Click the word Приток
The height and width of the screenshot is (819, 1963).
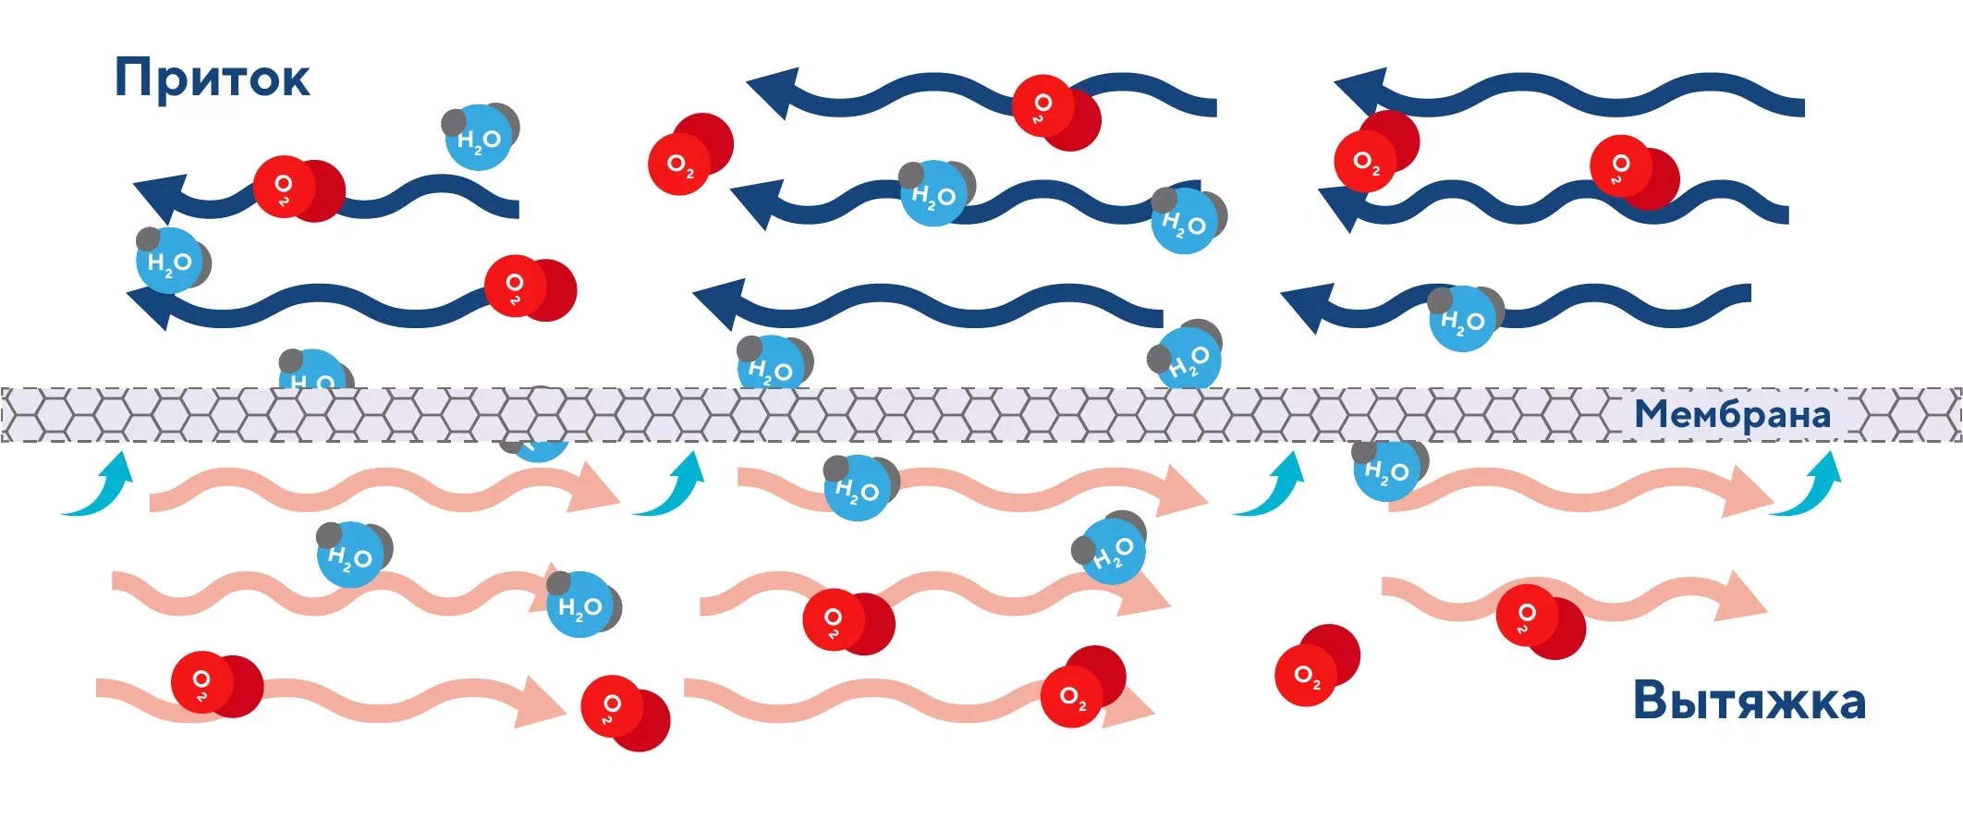pos(212,79)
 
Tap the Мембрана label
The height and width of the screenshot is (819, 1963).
pos(1732,414)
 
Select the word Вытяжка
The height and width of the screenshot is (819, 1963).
pos(1749,700)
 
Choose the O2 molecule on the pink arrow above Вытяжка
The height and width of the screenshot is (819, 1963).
pos(1540,620)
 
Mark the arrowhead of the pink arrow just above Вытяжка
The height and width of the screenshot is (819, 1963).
pos(1739,597)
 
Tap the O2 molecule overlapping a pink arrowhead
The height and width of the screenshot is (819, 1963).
pos(1082,688)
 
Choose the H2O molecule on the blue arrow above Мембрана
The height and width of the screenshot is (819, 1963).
pos(1464,317)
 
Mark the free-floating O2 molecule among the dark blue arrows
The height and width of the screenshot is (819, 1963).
pos(689,154)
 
